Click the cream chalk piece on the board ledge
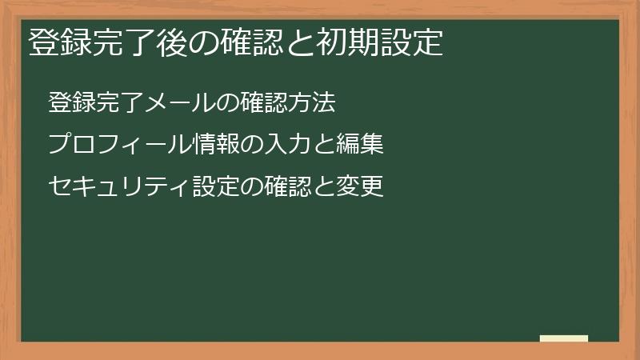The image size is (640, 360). (x=564, y=338)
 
